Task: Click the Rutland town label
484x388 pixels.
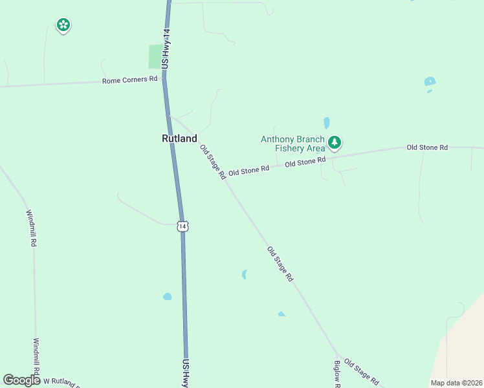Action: [179, 138]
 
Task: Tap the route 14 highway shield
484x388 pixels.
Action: [184, 226]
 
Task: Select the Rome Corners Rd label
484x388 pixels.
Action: [130, 80]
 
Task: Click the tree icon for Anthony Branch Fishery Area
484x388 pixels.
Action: [334, 142]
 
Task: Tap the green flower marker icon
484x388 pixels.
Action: [63, 25]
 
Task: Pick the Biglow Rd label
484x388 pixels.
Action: [337, 374]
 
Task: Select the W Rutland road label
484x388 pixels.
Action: [61, 382]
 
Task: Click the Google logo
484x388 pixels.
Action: [21, 380]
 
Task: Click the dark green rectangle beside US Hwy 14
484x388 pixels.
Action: [155, 56]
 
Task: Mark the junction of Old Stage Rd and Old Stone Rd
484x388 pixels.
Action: [224, 177]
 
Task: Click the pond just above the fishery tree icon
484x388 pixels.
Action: [327, 122]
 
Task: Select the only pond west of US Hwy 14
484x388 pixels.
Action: [168, 297]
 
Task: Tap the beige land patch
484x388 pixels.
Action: [463, 349]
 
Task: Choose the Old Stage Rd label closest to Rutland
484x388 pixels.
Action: [213, 162]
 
